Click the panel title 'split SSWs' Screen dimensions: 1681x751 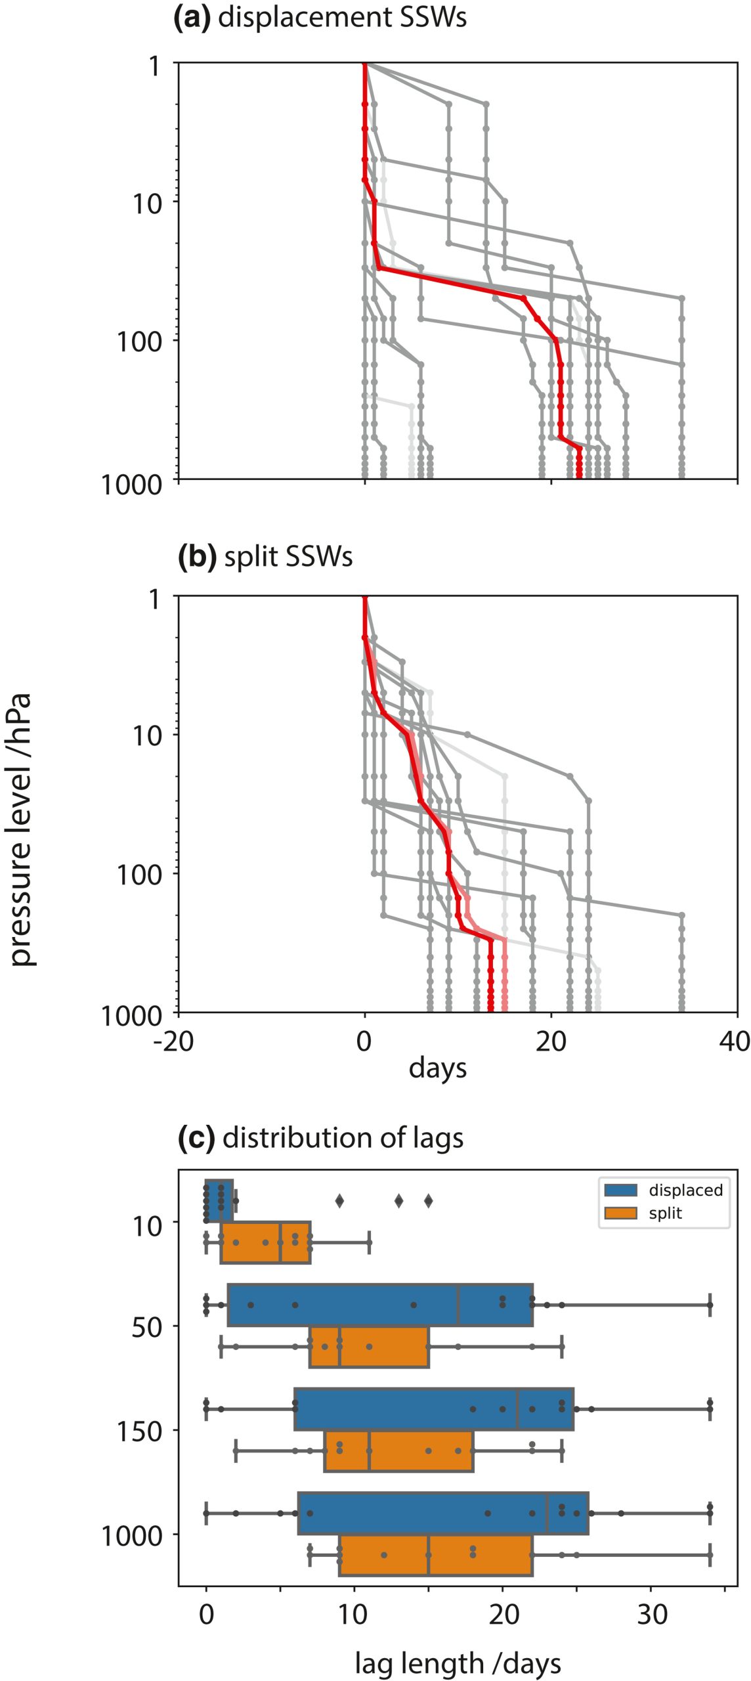[x=288, y=557]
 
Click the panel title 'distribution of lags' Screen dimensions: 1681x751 [x=343, y=1138]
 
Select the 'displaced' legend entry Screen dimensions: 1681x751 [x=685, y=1190]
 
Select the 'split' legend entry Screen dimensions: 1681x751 [x=665, y=1213]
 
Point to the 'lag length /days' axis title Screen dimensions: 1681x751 [x=458, y=1663]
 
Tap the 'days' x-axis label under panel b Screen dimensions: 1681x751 [x=437, y=1068]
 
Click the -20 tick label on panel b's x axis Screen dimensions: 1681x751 [x=174, y=1041]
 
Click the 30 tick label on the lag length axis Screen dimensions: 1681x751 [x=652, y=1613]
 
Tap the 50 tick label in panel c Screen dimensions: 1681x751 [x=148, y=1327]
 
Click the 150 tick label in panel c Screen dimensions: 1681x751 [x=139, y=1431]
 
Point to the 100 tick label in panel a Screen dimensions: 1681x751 [x=139, y=341]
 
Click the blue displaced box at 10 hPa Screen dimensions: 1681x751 [x=219, y=1200]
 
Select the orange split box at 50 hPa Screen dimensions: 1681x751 [x=369, y=1347]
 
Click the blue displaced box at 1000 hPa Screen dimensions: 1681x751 [x=443, y=1514]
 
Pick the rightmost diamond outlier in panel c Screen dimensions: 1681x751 [x=428, y=1201]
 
